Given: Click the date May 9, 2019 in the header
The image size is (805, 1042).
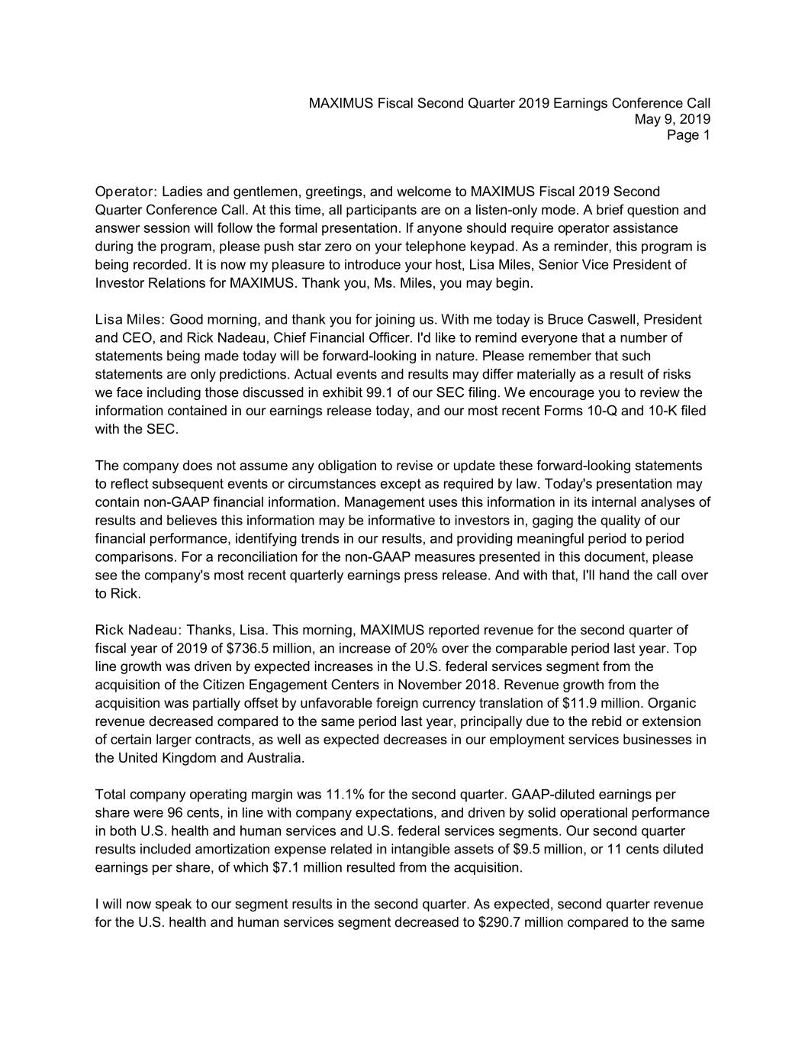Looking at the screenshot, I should click(x=672, y=119).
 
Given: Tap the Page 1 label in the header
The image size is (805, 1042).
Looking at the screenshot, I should click(x=688, y=135).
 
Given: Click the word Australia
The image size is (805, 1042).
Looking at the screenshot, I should click(x=275, y=759).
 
